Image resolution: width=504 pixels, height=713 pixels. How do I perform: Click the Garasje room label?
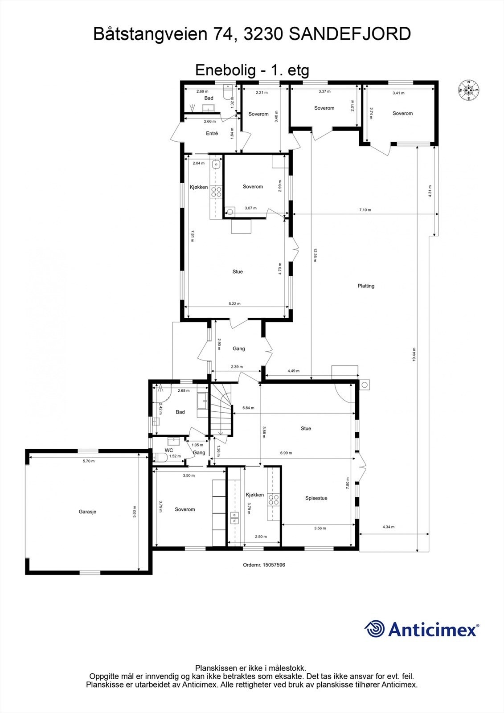pos(87,512)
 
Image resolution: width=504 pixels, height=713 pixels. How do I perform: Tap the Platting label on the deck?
pos(366,286)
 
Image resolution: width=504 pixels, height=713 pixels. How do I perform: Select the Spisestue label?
pos(316,498)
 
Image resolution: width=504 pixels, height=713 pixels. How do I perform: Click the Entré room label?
pos(212,133)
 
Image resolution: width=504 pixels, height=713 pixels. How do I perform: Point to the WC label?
pos(169,451)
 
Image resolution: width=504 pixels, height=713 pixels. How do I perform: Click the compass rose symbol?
pos(468,90)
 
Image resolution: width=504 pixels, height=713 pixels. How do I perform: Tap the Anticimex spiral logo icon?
pos(375,629)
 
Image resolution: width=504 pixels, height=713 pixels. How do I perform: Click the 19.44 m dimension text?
pos(414,355)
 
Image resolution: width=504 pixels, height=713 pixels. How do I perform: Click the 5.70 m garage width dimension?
pos(89,461)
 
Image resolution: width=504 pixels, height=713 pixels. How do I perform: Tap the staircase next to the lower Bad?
pos(222,410)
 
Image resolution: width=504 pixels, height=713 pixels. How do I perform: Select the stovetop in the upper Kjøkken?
pos(217,192)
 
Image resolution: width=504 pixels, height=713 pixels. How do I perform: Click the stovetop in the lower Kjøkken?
pos(273,500)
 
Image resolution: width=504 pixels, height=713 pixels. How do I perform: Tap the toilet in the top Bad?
pos(228,94)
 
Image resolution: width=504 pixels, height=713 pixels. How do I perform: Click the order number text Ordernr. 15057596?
pos(264,565)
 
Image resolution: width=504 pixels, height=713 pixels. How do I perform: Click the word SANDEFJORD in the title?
pos(350,34)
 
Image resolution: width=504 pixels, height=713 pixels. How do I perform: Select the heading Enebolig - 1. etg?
pos(252,70)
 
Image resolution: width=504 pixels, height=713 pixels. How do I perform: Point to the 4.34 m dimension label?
pos(388,527)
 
